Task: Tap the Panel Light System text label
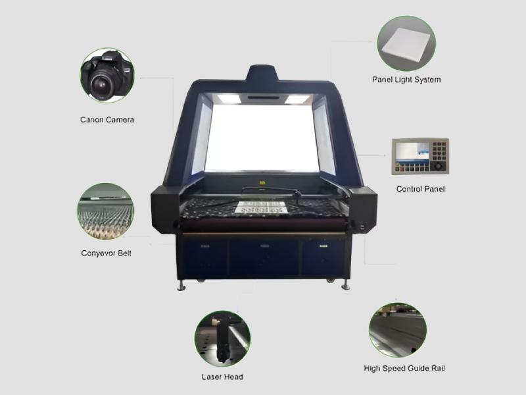click(406, 80)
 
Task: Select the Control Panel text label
click(420, 189)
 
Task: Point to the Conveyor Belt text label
click(106, 253)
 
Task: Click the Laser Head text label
click(222, 377)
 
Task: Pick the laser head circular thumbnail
click(222, 338)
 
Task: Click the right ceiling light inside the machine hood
click(297, 99)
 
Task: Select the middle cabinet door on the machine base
click(264, 258)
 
